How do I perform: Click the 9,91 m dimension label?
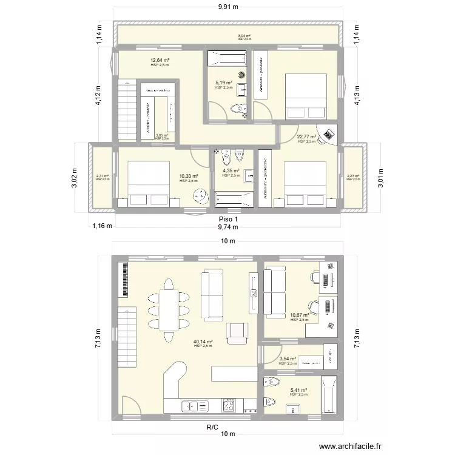[227, 7]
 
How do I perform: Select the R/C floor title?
[212, 427]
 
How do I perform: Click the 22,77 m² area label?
[306, 137]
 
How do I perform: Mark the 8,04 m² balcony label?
[244, 36]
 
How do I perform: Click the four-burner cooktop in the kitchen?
[230, 405]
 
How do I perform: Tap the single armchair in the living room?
[237, 332]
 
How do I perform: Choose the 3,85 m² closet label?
[161, 136]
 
